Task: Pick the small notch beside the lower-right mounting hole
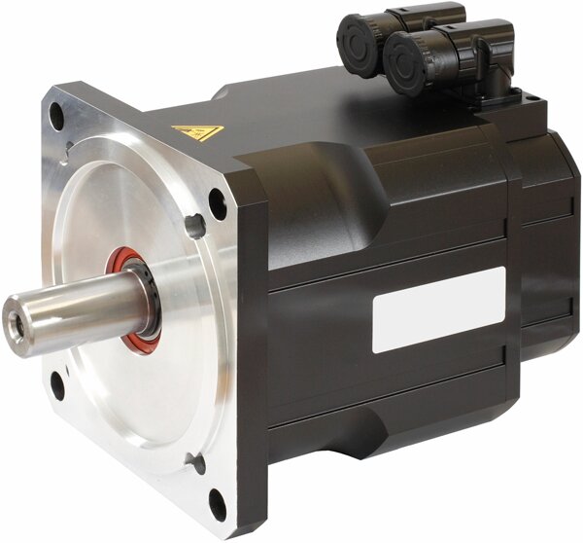tap(198, 465)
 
